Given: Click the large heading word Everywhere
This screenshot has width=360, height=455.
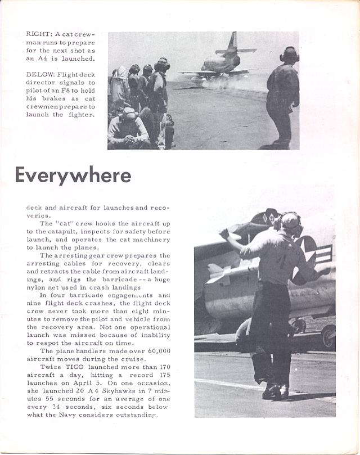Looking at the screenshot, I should tap(73, 175).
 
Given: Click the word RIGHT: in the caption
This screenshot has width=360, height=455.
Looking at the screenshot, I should tap(38, 34).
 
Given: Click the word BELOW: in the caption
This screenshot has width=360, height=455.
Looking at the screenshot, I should tap(39, 74).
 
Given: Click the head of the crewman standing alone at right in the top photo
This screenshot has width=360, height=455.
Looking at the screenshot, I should tap(289, 55).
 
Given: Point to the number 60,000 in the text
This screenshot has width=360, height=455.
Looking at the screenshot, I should tap(157, 350).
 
